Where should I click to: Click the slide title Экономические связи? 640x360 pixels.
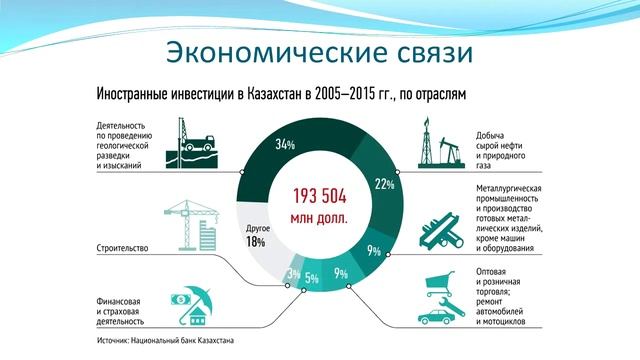(319, 49)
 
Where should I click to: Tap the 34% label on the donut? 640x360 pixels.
(284, 145)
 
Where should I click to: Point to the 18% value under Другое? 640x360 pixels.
(255, 242)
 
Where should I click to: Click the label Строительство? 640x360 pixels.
(124, 246)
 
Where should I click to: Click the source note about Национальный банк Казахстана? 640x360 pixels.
(166, 340)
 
